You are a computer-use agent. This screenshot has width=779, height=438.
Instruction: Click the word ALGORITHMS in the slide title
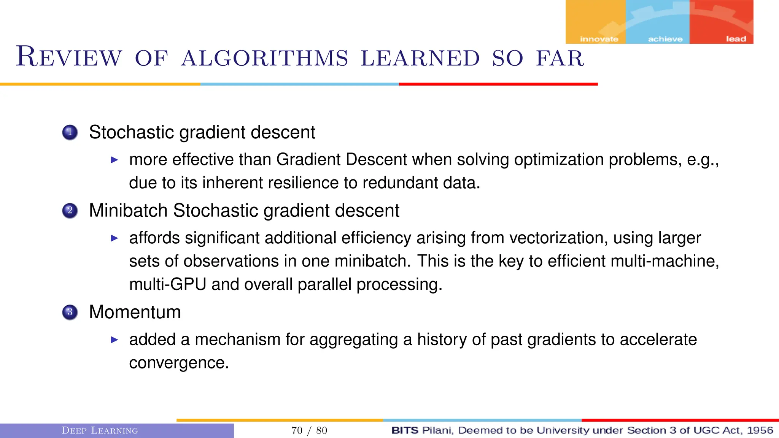(264, 58)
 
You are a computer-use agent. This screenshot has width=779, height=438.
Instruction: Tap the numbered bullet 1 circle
(70, 132)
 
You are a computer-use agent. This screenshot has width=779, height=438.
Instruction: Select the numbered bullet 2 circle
(70, 211)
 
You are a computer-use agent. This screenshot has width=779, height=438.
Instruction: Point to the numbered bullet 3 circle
(70, 312)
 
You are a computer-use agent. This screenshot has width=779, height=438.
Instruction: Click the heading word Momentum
(135, 312)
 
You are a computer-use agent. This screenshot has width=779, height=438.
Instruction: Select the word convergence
(179, 363)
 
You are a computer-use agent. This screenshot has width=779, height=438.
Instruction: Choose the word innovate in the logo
(599, 39)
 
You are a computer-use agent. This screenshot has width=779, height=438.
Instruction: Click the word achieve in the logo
(665, 39)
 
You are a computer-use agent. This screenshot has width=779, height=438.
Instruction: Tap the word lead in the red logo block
(736, 39)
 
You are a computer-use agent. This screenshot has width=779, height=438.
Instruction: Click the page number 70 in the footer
(297, 430)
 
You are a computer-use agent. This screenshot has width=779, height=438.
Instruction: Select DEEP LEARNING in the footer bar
(100, 430)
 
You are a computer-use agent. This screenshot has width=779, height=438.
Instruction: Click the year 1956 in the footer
(760, 430)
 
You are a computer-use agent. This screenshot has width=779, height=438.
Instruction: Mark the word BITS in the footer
(405, 430)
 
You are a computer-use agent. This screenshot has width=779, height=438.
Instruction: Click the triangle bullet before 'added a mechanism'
(114, 340)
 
